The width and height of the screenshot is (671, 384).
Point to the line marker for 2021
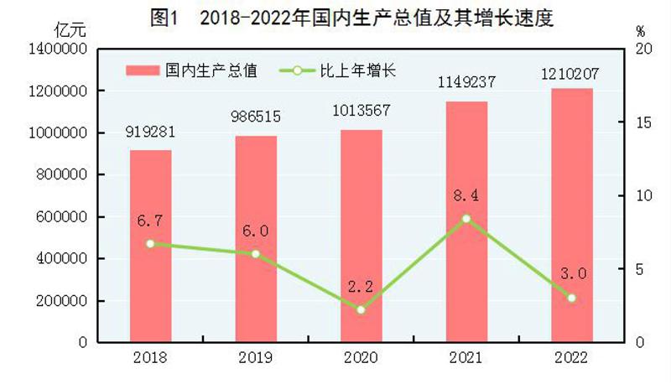click(x=466, y=219)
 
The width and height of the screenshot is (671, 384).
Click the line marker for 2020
click(x=361, y=310)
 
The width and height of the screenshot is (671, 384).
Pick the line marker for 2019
click(x=256, y=254)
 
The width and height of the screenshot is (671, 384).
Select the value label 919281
click(x=150, y=132)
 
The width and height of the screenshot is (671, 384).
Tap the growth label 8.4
click(x=466, y=196)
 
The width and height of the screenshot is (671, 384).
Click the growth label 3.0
click(x=571, y=275)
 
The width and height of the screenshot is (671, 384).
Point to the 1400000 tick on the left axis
click(x=60, y=49)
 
